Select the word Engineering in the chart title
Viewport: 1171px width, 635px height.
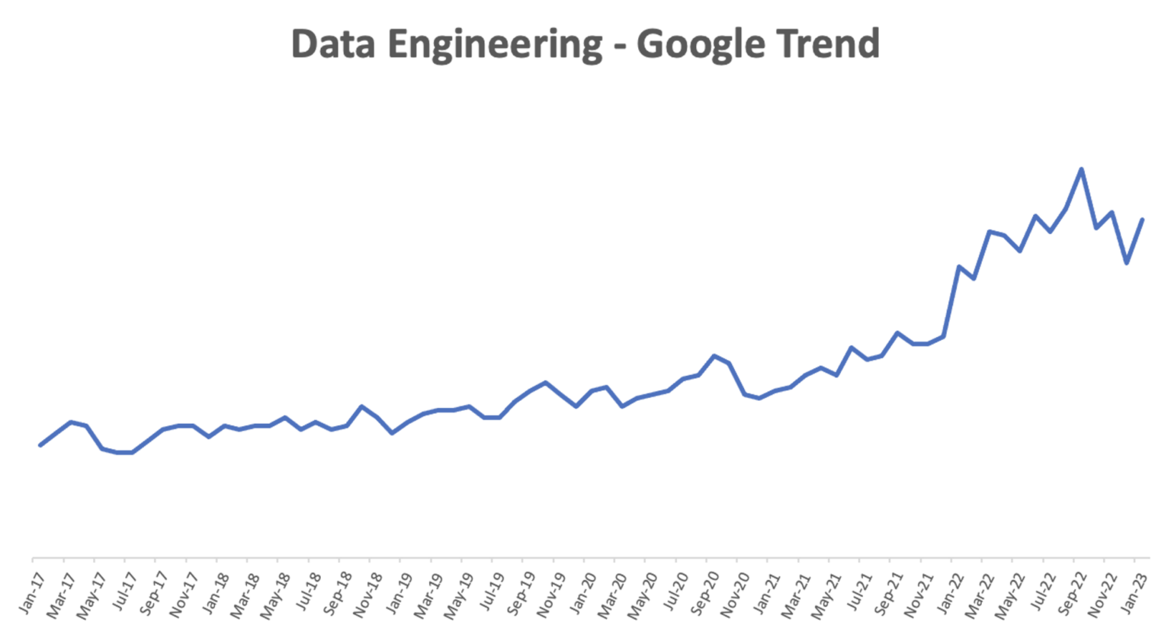coord(494,45)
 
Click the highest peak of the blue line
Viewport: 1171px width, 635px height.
coord(1081,168)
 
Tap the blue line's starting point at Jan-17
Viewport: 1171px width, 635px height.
coord(40,445)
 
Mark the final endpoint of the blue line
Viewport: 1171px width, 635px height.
coord(1143,219)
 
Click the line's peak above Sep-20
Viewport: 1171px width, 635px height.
coord(714,355)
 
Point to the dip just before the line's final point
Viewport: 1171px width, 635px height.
coord(1127,263)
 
